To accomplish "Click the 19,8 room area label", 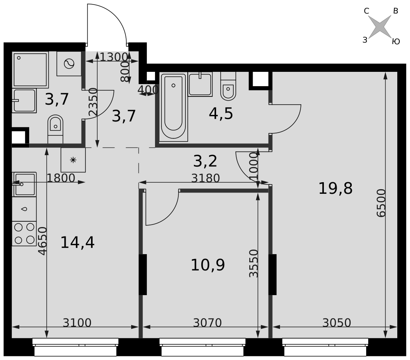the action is click(x=335, y=188).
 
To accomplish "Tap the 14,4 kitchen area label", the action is click(x=77, y=243).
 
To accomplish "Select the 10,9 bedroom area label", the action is click(x=208, y=265).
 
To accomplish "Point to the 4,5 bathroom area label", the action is click(x=221, y=114).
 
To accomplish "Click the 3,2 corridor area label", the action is click(x=205, y=161).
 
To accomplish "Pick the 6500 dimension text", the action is click(x=381, y=203).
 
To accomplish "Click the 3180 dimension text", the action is click(x=205, y=178).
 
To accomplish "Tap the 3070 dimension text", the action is click(x=207, y=323).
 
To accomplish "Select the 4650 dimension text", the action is click(x=42, y=241).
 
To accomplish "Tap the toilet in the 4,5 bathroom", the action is click(x=228, y=86).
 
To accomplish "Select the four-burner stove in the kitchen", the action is click(x=24, y=234).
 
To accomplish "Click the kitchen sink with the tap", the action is click(x=24, y=184).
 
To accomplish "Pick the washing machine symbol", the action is click(x=69, y=64).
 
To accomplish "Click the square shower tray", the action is click(x=30, y=70).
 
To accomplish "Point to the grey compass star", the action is click(x=380, y=26).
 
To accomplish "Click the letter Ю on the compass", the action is click(x=396, y=41).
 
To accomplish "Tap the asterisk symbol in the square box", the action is click(x=73, y=160).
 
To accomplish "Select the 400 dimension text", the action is click(x=148, y=89).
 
